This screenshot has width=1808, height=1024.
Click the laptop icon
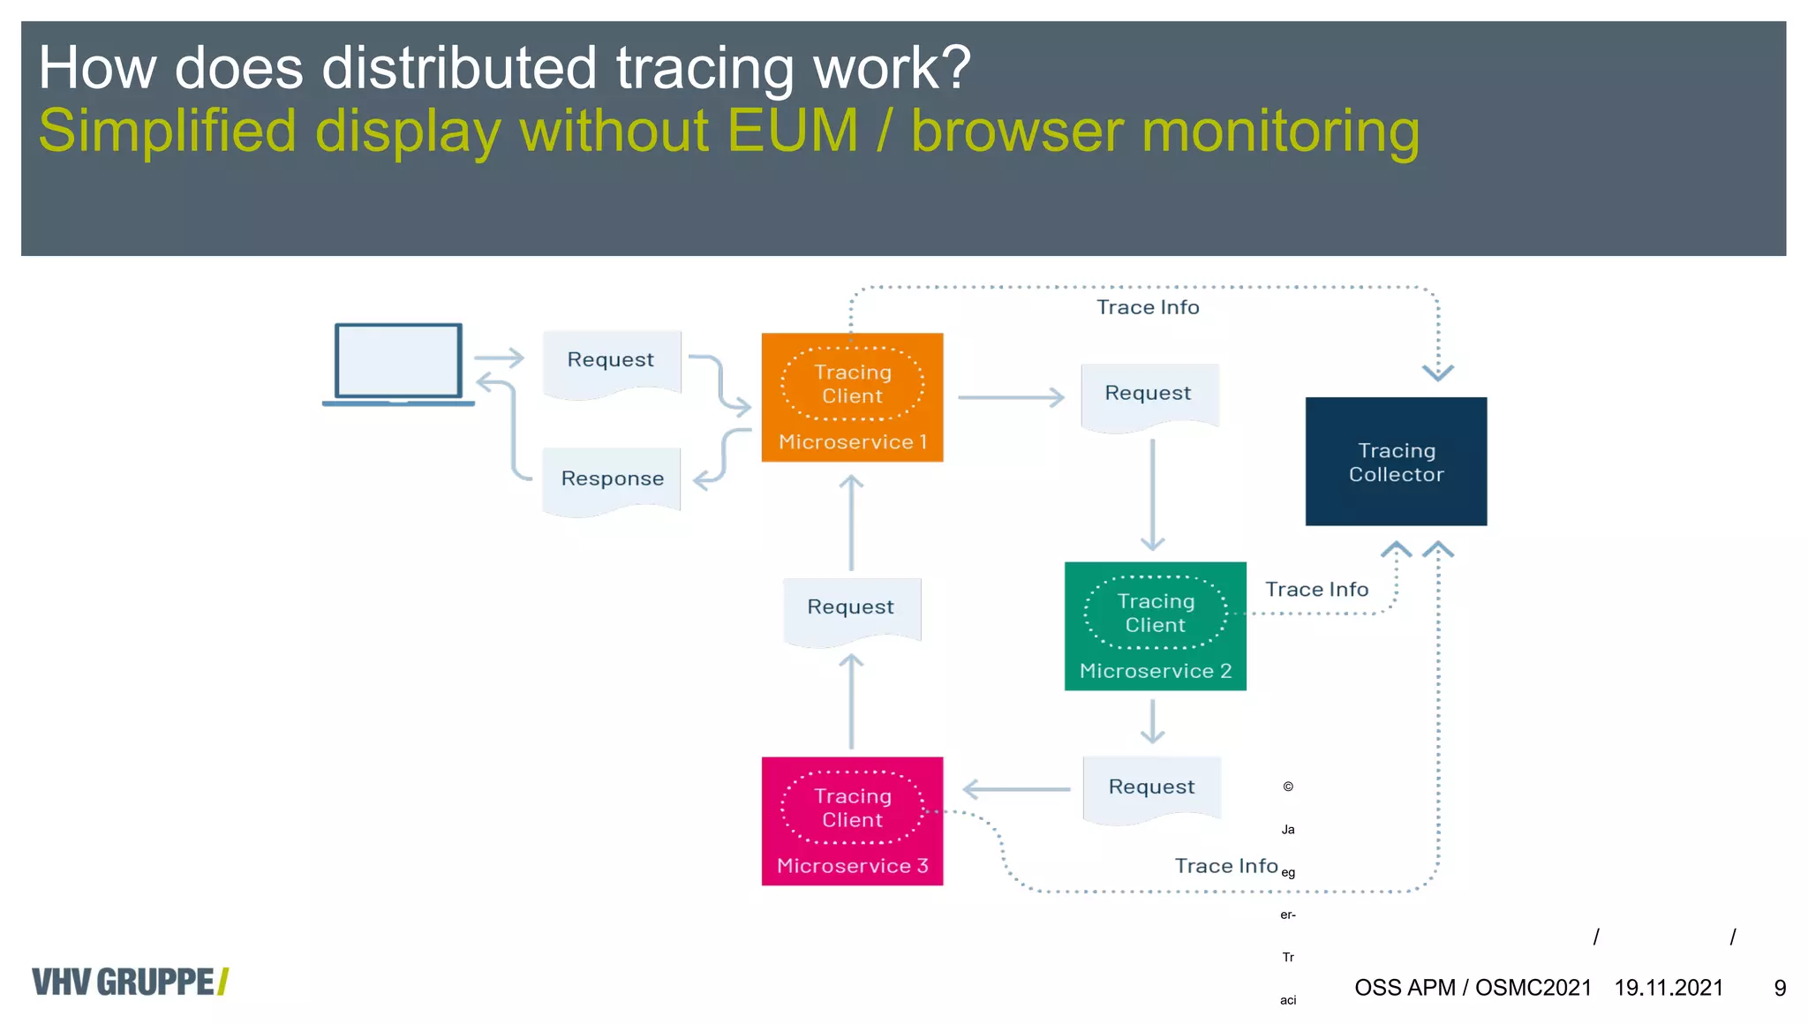[398, 364]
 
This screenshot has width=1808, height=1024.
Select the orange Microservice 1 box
[852, 397]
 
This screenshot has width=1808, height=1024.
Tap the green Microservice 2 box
[1155, 626]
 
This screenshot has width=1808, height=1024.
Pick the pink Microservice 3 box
[852, 821]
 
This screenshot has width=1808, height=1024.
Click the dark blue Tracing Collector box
[1396, 462]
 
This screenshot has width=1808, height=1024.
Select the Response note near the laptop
[612, 479]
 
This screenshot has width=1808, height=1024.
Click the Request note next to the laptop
[611, 361]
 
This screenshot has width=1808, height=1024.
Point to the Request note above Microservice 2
[1149, 394]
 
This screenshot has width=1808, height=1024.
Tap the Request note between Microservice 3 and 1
[851, 608]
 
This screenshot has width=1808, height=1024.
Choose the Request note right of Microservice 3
[1151, 787]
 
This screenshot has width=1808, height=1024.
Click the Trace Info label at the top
[1148, 307]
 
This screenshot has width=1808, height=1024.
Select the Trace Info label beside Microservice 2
[1316, 590]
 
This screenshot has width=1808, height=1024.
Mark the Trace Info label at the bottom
[1226, 866]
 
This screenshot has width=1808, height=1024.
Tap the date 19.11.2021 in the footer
[1669, 988]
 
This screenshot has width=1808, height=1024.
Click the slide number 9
[1780, 988]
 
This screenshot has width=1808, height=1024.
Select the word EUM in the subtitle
[792, 131]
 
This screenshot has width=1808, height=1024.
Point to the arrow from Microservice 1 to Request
[1011, 397]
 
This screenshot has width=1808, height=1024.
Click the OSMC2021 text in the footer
[1533, 988]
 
